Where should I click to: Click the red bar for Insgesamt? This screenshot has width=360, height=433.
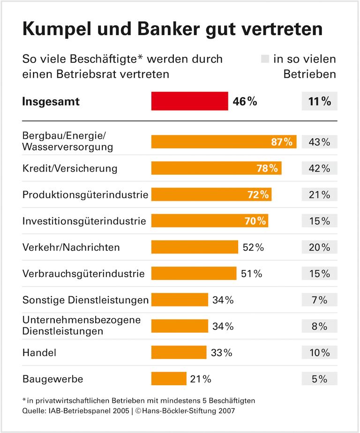189,101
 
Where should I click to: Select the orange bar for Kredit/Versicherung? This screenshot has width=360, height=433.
216,168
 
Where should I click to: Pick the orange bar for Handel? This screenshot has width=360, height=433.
179,352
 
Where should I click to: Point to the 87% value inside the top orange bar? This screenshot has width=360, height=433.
282,142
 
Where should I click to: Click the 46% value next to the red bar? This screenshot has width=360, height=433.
245,101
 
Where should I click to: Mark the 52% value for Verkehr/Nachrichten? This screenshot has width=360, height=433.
253,247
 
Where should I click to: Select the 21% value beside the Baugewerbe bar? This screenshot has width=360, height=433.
201,379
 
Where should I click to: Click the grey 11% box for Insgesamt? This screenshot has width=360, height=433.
319,101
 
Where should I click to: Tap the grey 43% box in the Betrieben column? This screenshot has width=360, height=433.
319,142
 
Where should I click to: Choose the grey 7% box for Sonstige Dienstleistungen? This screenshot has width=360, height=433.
319,300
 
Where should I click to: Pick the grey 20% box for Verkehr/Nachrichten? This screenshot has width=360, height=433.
319,247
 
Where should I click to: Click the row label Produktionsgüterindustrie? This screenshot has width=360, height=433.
85,194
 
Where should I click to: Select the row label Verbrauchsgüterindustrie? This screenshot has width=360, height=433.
83,274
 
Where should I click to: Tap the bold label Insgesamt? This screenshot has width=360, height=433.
51,102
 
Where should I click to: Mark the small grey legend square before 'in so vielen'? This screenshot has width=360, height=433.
265,60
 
